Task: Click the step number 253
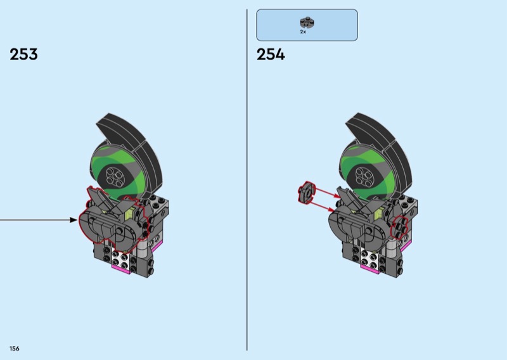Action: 23,55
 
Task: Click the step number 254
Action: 271,55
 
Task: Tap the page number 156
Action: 14,349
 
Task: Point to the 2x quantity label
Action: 303,32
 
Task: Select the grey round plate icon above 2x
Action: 307,22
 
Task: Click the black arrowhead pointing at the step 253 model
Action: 74,221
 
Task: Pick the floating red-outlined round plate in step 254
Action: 306,193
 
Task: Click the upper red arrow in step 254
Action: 328,193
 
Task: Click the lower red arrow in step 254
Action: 323,207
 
